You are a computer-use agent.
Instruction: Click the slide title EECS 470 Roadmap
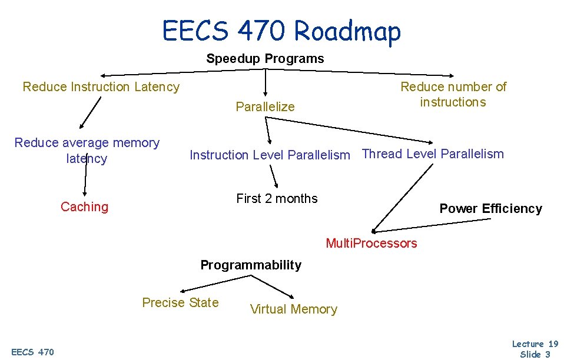pos(282,31)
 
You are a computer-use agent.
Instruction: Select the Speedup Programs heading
pos(265,59)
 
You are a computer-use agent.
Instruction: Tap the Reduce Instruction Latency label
pos(101,87)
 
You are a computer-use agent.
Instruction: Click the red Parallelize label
pos(265,106)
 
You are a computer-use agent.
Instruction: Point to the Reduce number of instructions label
pos(453,94)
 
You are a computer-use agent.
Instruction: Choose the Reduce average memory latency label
pos(87,151)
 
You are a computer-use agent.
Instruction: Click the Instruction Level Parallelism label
pos(270,155)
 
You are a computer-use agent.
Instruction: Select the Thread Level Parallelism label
pos(433,154)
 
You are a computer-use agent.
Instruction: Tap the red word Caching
pos(85,207)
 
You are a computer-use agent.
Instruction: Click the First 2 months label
pos(277,199)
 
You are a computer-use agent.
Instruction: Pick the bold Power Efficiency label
pos(490,209)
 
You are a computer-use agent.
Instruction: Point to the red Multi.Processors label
pos(371,244)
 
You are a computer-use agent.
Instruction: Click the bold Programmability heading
pos(251,265)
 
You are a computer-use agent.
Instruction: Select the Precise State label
pos(180,303)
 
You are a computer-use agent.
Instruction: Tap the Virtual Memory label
pos(294,309)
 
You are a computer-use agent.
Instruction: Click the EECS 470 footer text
pos(33,352)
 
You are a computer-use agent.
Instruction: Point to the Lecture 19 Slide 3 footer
pos(535,348)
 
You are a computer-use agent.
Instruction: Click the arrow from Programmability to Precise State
pos(200,284)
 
